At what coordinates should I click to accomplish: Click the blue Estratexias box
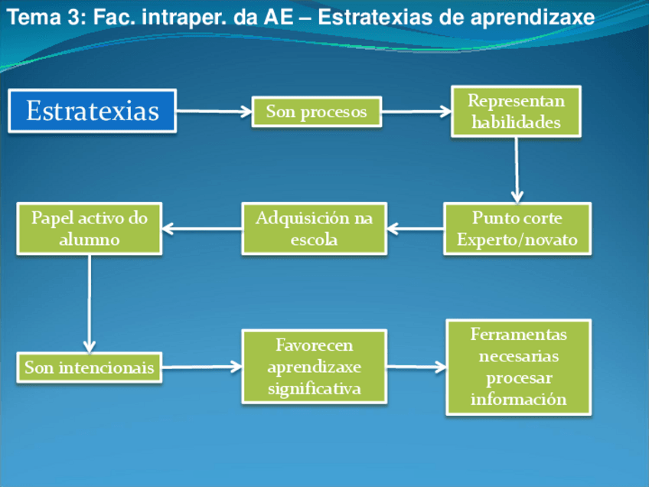[93, 111]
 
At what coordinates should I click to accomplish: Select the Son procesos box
[316, 112]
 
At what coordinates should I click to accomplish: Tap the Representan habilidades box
[516, 112]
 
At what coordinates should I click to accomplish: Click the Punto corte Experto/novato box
[517, 228]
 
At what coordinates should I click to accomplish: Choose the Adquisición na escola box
[314, 228]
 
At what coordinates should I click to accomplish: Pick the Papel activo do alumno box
[89, 228]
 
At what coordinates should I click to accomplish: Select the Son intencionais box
[89, 368]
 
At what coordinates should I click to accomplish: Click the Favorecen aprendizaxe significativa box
[314, 367]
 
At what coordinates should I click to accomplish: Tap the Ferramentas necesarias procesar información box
[518, 367]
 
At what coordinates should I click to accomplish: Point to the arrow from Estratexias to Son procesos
[214, 112]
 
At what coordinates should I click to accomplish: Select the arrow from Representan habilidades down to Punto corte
[517, 168]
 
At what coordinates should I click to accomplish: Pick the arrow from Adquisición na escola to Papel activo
[201, 228]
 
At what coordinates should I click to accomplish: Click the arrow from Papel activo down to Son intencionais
[90, 302]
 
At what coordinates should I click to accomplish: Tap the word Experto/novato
[517, 240]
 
